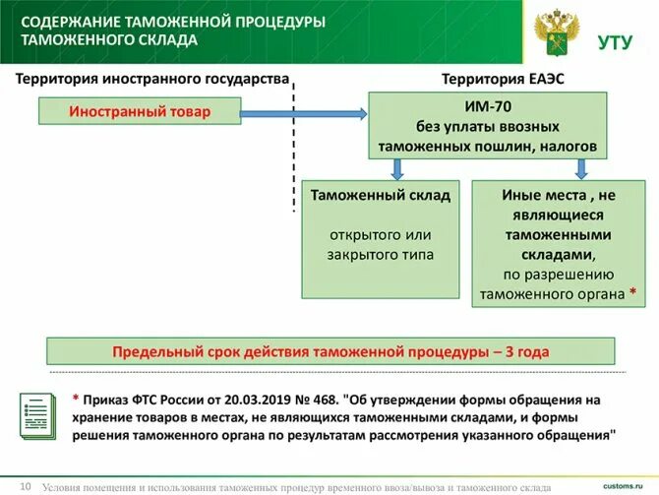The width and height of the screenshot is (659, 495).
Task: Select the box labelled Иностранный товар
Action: click(139, 112)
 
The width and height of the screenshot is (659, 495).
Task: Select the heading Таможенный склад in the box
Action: click(381, 195)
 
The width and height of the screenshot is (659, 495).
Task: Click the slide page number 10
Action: click(26, 484)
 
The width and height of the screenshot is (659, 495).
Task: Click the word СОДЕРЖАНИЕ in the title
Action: click(71, 22)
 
